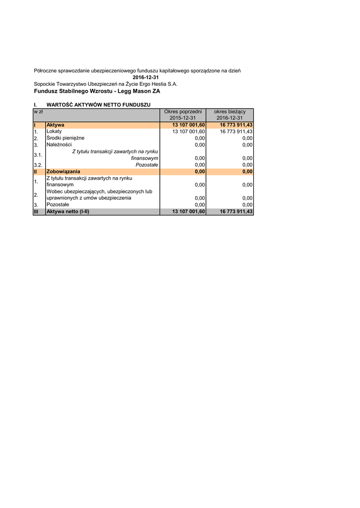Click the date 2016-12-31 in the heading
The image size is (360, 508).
click(x=145, y=77)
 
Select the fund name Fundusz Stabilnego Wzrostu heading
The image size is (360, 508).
click(x=97, y=91)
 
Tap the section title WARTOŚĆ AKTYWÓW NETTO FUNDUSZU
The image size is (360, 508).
click(x=98, y=105)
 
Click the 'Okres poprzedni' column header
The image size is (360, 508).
click(x=183, y=112)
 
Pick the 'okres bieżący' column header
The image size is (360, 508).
click(x=229, y=112)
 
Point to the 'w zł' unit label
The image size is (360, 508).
click(x=38, y=112)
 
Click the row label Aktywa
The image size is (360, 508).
click(x=55, y=125)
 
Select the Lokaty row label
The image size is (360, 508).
click(x=54, y=131)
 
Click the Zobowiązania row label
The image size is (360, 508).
click(x=63, y=172)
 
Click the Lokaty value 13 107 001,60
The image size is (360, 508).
click(x=189, y=131)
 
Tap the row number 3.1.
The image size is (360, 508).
click(x=38, y=155)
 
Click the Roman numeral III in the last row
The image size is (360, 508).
click(x=36, y=211)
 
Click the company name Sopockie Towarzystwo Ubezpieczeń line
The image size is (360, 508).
click(x=105, y=84)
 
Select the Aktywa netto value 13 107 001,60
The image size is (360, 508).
click(x=189, y=211)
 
